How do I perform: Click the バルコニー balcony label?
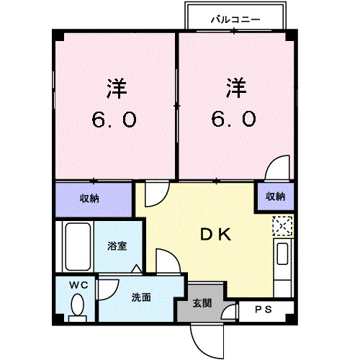(x=235, y=19)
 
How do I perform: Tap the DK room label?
(x=214, y=234)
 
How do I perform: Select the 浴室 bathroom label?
(x=118, y=246)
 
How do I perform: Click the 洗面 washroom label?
(x=141, y=297)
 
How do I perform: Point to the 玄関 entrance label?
(x=202, y=303)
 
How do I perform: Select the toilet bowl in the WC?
(x=76, y=307)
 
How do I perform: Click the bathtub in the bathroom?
(x=76, y=246)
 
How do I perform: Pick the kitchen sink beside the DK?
(x=282, y=256)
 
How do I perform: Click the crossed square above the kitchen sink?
(x=282, y=226)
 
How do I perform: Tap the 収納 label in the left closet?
(x=89, y=197)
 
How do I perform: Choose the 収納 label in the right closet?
(x=275, y=196)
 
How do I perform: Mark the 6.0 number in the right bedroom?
(x=233, y=120)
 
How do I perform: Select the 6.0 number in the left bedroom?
(x=114, y=120)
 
